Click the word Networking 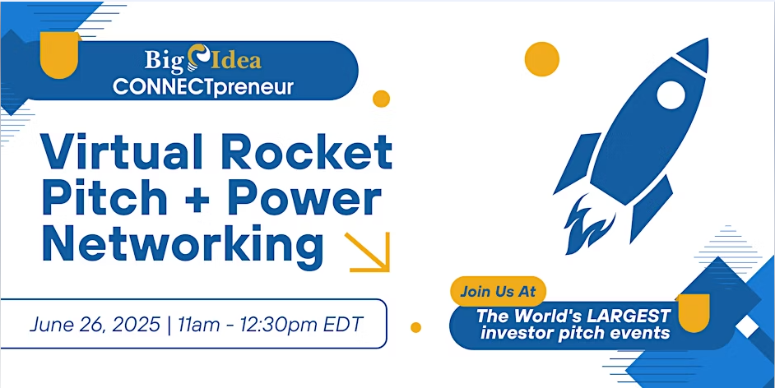click(x=183, y=245)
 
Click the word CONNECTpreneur click(x=202, y=87)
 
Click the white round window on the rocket click(x=671, y=95)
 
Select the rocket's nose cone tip click(x=708, y=39)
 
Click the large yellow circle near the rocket click(x=541, y=59)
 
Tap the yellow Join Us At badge click(x=498, y=291)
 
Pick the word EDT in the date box click(x=343, y=325)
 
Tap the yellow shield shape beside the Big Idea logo click(x=60, y=54)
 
